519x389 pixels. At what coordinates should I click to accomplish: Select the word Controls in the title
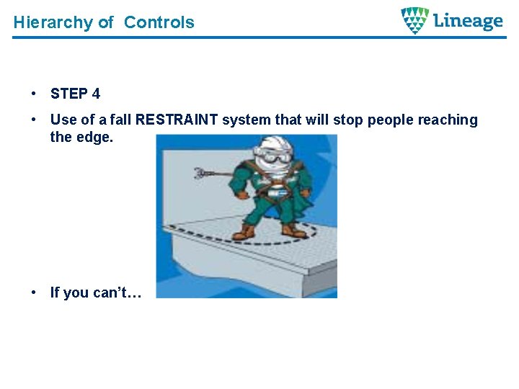click(159, 22)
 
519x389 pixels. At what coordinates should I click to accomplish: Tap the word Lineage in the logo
click(469, 21)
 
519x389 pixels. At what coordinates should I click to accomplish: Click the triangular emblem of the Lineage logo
click(414, 20)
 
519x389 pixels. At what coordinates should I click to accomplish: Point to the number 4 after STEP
click(96, 94)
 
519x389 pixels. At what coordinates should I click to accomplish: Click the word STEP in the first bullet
click(69, 94)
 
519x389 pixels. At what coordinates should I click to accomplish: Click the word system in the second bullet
click(244, 120)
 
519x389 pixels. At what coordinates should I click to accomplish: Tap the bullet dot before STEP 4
click(34, 94)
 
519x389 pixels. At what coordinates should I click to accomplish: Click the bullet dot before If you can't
click(34, 292)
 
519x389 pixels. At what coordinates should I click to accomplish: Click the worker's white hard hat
click(275, 143)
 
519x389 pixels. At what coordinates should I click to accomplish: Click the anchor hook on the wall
click(204, 174)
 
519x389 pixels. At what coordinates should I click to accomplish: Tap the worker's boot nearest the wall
click(247, 232)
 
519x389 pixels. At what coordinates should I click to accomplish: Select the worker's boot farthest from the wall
click(293, 231)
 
